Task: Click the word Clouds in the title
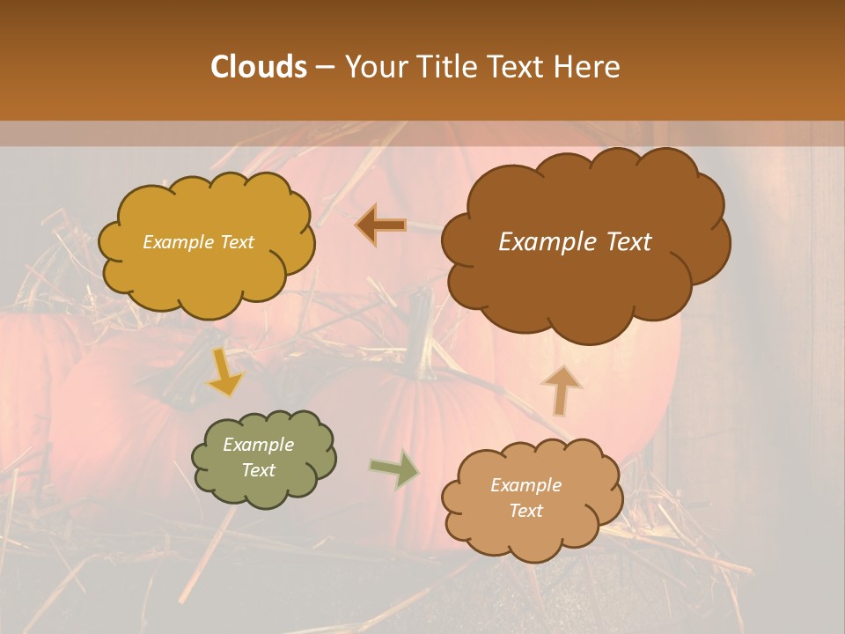(258, 67)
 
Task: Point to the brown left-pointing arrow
(380, 225)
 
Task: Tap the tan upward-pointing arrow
(562, 389)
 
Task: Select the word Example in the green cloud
(258, 445)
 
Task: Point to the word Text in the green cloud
(258, 470)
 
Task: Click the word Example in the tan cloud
(525, 485)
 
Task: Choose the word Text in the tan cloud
(525, 511)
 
